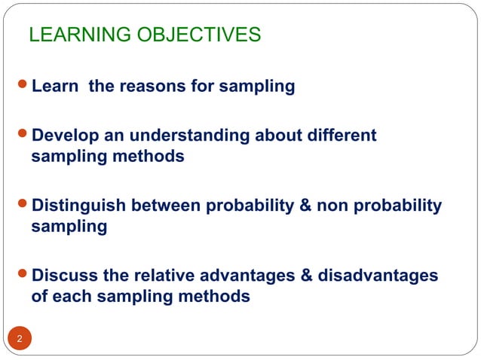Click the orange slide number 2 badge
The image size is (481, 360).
(x=20, y=338)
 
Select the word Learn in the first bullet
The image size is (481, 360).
(x=57, y=87)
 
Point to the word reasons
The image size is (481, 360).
(x=145, y=87)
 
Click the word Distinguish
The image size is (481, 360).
(x=78, y=206)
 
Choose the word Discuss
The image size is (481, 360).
(x=66, y=275)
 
